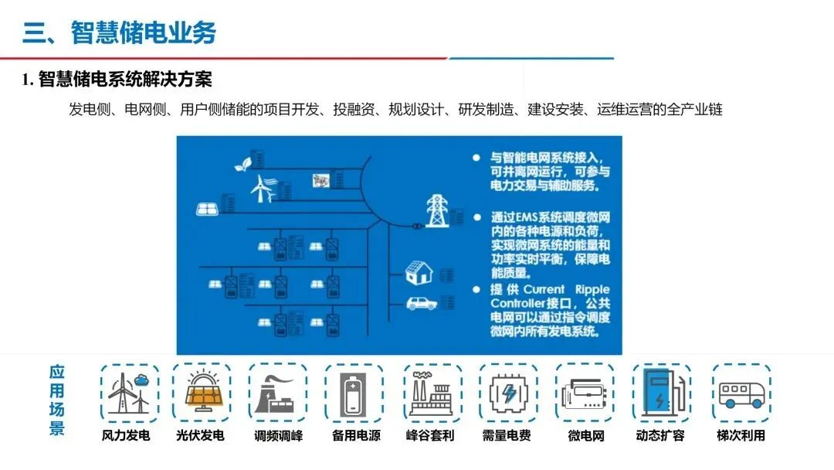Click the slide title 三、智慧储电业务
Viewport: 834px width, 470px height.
tap(120, 32)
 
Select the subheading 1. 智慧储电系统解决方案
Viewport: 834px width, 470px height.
tap(117, 80)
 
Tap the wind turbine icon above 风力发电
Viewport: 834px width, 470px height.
tap(128, 392)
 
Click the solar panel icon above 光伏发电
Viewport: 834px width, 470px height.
tap(201, 392)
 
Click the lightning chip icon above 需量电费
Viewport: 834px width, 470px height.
tap(508, 393)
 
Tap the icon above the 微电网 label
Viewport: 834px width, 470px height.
tap(585, 393)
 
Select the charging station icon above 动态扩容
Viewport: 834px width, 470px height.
tap(660, 392)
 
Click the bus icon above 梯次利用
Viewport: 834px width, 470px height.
tap(741, 393)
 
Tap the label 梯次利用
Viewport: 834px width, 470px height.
tap(741, 435)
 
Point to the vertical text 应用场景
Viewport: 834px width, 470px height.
tap(57, 400)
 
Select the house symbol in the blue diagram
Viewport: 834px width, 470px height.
tap(419, 271)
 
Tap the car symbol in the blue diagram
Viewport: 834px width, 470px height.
tap(421, 302)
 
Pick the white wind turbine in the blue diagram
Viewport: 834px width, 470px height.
tap(263, 186)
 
